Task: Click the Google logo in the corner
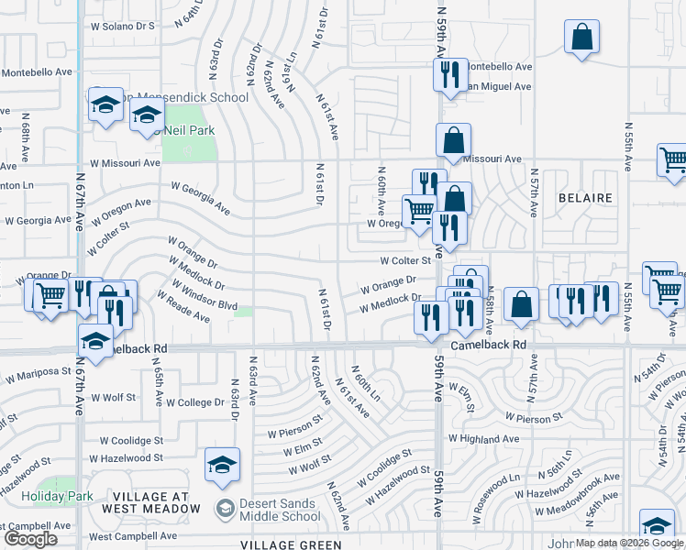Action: coord(30,539)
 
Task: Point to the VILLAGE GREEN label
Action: coord(292,544)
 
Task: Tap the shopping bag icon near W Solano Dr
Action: coord(581,38)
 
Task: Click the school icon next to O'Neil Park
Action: coord(146,115)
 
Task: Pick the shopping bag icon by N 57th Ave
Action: coord(521,305)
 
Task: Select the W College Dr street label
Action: coord(194,402)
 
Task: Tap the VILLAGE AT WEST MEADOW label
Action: coord(159,502)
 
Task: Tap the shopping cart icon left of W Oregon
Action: coord(419,209)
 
